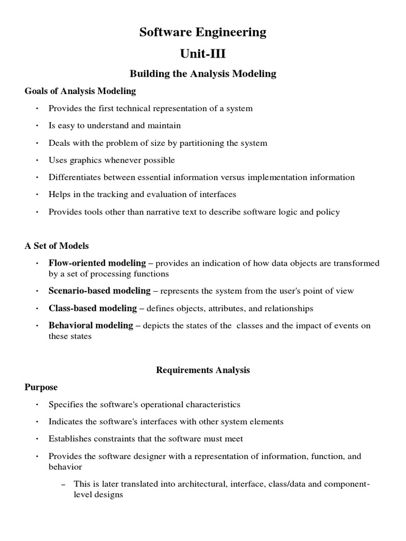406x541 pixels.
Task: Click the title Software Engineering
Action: coord(203,33)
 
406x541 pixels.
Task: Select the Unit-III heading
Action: coord(203,53)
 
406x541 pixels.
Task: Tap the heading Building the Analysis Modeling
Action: coord(203,73)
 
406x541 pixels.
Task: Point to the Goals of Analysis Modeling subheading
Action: coord(80,91)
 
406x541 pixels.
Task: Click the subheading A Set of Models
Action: coord(57,246)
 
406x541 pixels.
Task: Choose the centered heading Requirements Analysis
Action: coord(203,370)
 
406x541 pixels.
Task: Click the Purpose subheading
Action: coord(41,387)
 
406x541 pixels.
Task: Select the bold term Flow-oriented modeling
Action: coord(97,263)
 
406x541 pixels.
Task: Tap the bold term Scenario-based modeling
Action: coord(99,291)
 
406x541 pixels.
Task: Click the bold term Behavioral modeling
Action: coord(90,325)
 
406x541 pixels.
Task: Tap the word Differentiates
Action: coord(73,178)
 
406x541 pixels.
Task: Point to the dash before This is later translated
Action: coord(63,484)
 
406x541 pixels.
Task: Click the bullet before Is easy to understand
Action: coord(37,126)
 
